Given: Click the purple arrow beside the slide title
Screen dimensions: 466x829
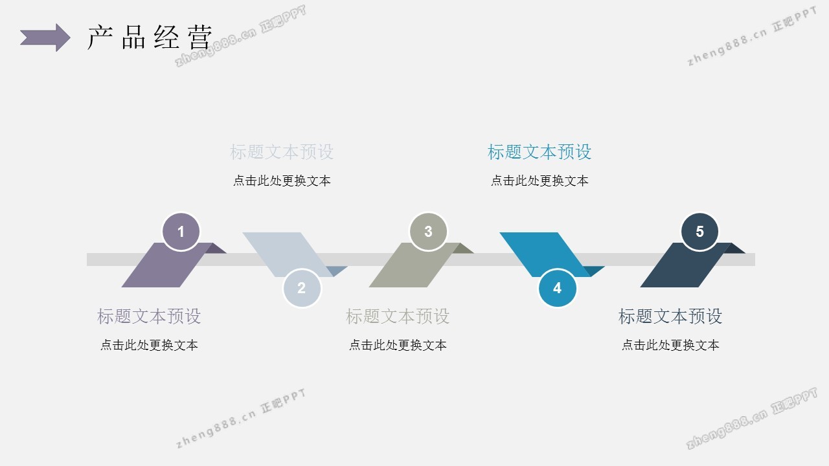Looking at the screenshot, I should (45, 38).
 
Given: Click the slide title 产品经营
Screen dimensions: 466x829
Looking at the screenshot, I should (150, 38).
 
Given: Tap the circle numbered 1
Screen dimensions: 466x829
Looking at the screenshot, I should (181, 232).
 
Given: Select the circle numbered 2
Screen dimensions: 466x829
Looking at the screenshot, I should (302, 288).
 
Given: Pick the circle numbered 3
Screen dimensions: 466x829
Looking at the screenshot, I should (428, 232).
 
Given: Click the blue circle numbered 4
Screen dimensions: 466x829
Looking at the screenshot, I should (558, 288).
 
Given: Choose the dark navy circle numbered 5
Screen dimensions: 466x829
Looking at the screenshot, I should (699, 232).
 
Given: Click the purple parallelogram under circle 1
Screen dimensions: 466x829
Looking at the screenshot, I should (162, 269).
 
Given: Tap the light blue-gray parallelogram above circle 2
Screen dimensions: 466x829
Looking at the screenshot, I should (285, 249).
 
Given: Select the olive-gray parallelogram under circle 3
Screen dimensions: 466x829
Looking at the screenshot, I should (409, 269).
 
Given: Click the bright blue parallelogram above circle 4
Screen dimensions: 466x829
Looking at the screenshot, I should (541, 249).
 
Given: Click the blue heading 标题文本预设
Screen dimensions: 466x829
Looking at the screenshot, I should (539, 152).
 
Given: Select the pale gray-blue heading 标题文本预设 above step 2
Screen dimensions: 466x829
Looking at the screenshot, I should (282, 152).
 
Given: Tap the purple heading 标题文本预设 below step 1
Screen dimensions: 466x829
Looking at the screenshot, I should (149, 316).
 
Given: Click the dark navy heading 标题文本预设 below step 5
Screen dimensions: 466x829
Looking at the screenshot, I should (670, 316).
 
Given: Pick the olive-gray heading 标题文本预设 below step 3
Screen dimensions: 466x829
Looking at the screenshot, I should (398, 316).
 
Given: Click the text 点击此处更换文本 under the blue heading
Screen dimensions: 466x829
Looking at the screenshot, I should (539, 181).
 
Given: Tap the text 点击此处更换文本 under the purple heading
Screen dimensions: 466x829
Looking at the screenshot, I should (149, 346).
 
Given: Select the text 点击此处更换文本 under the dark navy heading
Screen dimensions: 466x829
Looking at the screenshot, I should (670, 346).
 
